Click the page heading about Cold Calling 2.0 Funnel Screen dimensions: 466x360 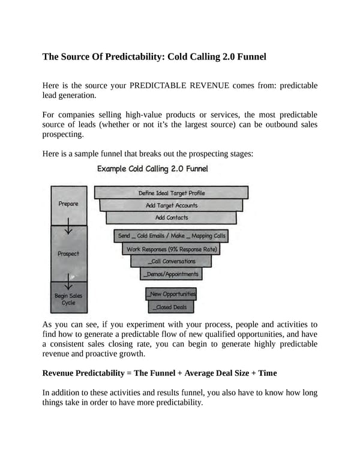point(154,57)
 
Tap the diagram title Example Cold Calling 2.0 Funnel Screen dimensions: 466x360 point(152,169)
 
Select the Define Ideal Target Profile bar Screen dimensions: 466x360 point(172,193)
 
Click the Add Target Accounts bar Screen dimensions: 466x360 point(172,205)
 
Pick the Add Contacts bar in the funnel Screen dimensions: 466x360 point(172,217)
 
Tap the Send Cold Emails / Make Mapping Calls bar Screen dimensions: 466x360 point(172,236)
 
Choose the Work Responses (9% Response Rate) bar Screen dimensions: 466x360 point(172,249)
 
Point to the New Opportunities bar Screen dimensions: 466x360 point(172,294)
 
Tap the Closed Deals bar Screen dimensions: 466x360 point(172,307)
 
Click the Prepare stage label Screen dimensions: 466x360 point(68,204)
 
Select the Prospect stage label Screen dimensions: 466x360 point(68,253)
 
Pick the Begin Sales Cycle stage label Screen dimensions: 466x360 point(68,298)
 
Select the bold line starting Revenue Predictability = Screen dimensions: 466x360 point(160,373)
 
